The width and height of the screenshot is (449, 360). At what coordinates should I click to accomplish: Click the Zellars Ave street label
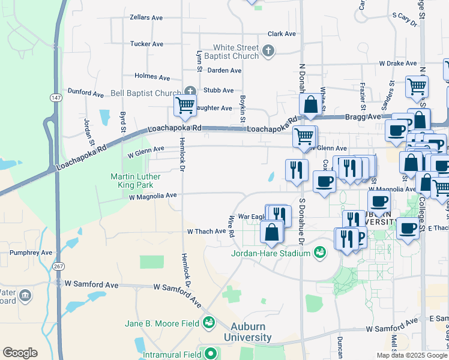146,17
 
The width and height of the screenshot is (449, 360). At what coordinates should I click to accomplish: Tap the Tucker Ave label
146,44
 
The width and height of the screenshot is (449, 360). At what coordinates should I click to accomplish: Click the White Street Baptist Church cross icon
268,52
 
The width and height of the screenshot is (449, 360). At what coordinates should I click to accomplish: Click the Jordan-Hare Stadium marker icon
319,253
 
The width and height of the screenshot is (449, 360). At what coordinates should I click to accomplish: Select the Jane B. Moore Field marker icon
208,323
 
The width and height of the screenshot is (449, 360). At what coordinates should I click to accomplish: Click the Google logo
20,353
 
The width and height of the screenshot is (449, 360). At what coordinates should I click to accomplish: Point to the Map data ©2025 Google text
412,355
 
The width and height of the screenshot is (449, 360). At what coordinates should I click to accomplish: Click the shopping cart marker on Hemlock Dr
185,106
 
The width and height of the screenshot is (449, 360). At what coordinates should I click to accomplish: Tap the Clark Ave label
282,34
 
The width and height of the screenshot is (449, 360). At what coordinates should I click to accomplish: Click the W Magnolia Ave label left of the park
152,196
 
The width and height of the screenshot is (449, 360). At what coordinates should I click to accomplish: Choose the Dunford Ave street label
86,93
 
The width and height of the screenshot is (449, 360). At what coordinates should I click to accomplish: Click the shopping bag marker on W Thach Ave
272,232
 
